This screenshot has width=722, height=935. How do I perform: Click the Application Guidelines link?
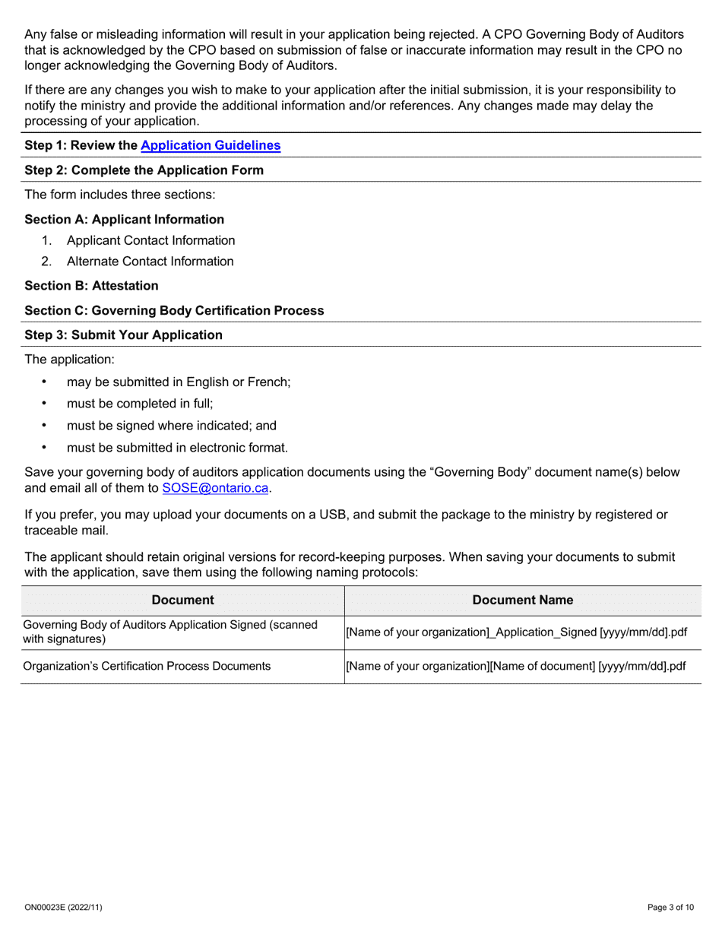pyautogui.click(x=211, y=145)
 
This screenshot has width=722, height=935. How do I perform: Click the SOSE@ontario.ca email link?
pyautogui.click(x=216, y=488)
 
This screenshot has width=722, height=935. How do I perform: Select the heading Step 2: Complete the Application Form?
pyautogui.click(x=144, y=170)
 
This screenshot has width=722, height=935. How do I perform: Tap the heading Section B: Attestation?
pyautogui.click(x=91, y=286)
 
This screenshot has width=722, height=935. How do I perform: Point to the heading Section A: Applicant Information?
pyautogui.click(x=124, y=220)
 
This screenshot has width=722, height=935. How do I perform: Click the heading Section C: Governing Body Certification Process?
pyautogui.click(x=174, y=310)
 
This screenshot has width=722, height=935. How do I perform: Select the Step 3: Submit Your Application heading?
pyautogui.click(x=124, y=335)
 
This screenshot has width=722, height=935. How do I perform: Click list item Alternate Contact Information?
pyautogui.click(x=150, y=261)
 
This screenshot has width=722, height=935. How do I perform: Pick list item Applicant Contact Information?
pyautogui.click(x=150, y=240)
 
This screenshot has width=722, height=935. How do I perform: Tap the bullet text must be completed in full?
pyautogui.click(x=140, y=404)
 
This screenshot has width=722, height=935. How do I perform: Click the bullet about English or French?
pyautogui.click(x=179, y=382)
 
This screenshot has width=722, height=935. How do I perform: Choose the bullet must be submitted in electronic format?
pyautogui.click(x=177, y=448)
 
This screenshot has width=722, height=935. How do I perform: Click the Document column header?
pyautogui.click(x=182, y=600)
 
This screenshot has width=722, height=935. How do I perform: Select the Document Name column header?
pyautogui.click(x=523, y=600)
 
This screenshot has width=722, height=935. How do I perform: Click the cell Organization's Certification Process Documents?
pyautogui.click(x=147, y=666)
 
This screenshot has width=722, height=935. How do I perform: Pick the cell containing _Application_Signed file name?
pyautogui.click(x=517, y=632)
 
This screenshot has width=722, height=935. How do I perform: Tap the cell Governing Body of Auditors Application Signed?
pyautogui.click(x=170, y=631)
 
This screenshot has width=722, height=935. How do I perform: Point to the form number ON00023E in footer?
pyautogui.click(x=63, y=907)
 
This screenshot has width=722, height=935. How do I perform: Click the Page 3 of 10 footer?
pyautogui.click(x=670, y=907)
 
